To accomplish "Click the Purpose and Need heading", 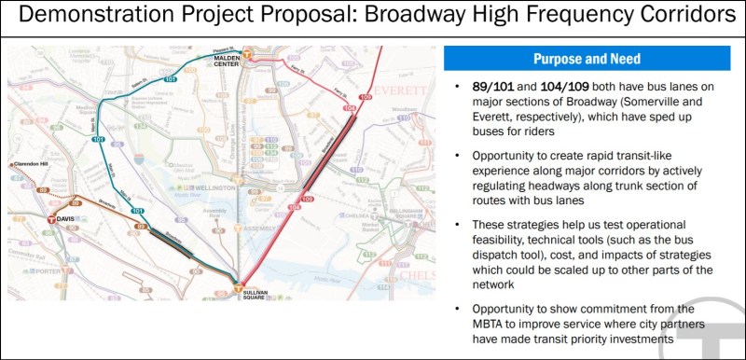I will point(586,59).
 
